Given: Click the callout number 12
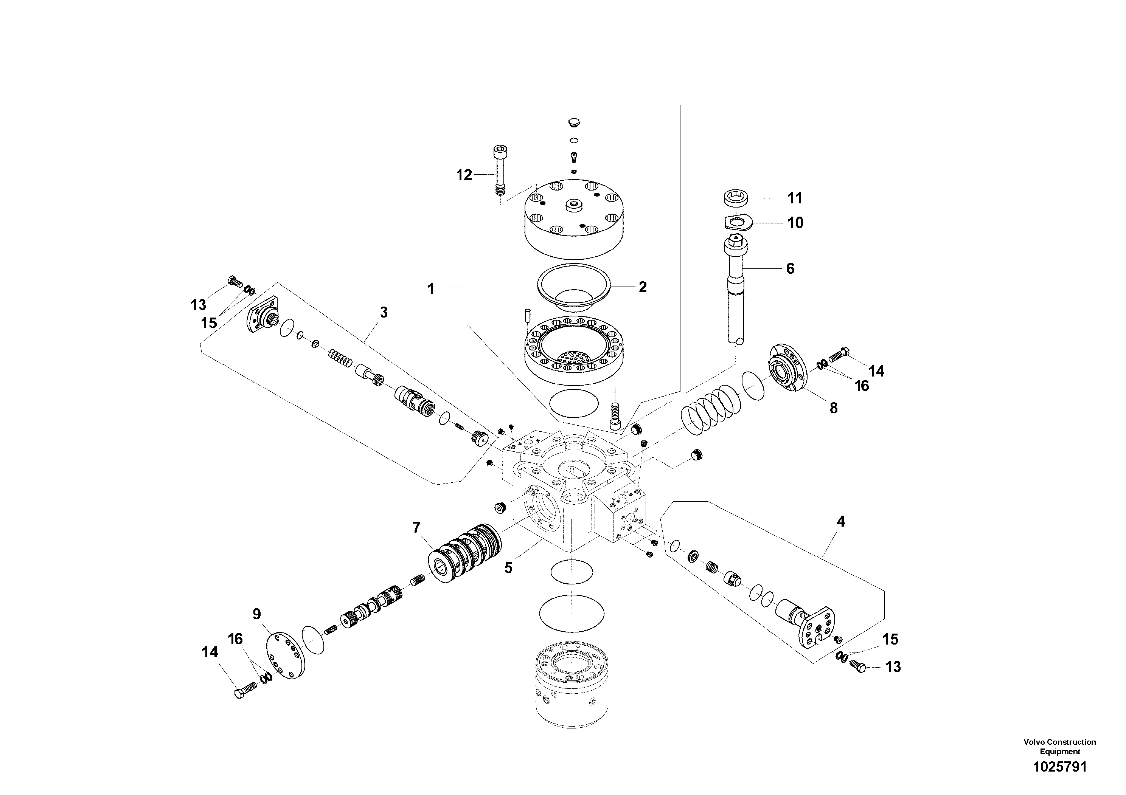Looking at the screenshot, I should coord(464,175).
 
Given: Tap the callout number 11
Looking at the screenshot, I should coord(794,198).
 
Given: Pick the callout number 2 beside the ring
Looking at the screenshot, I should coord(643,287).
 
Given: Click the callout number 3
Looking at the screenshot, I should coord(384,312).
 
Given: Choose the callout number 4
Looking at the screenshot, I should coord(840,522).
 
